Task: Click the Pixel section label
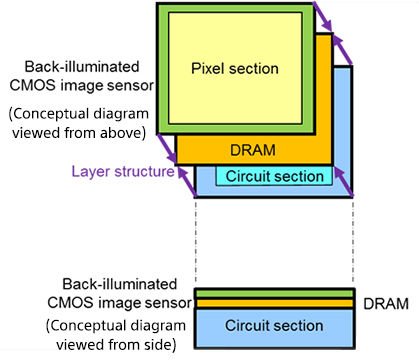pyautogui.click(x=235, y=69)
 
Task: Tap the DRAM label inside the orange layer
pyautogui.click(x=253, y=150)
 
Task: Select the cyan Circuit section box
pyautogui.click(x=274, y=176)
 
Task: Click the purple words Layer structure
pyautogui.click(x=123, y=172)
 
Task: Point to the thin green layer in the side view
pyautogui.click(x=274, y=294)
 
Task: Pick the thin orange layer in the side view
pyautogui.click(x=274, y=303)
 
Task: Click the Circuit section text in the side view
pyautogui.click(x=274, y=325)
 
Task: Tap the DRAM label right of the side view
pyautogui.click(x=386, y=304)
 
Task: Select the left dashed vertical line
pyautogui.click(x=196, y=241)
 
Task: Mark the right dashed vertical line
pyautogui.click(x=353, y=241)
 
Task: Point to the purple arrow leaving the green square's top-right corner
pyautogui.click(x=322, y=16)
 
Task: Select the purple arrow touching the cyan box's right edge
pyautogui.click(x=343, y=181)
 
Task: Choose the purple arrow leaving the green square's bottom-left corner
pyautogui.click(x=167, y=149)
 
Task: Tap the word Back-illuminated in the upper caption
pyautogui.click(x=82, y=67)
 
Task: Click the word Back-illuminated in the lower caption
pyautogui.click(x=119, y=284)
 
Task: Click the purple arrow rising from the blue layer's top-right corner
pyautogui.click(x=342, y=49)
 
